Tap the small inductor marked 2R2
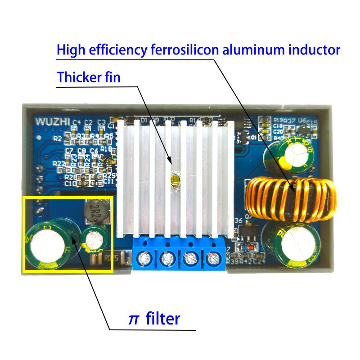point(95,212)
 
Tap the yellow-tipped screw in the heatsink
point(174,180)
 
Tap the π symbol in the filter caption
point(134,319)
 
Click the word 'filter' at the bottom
point(162,319)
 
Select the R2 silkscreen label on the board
point(58,138)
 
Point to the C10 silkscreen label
point(71,183)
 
